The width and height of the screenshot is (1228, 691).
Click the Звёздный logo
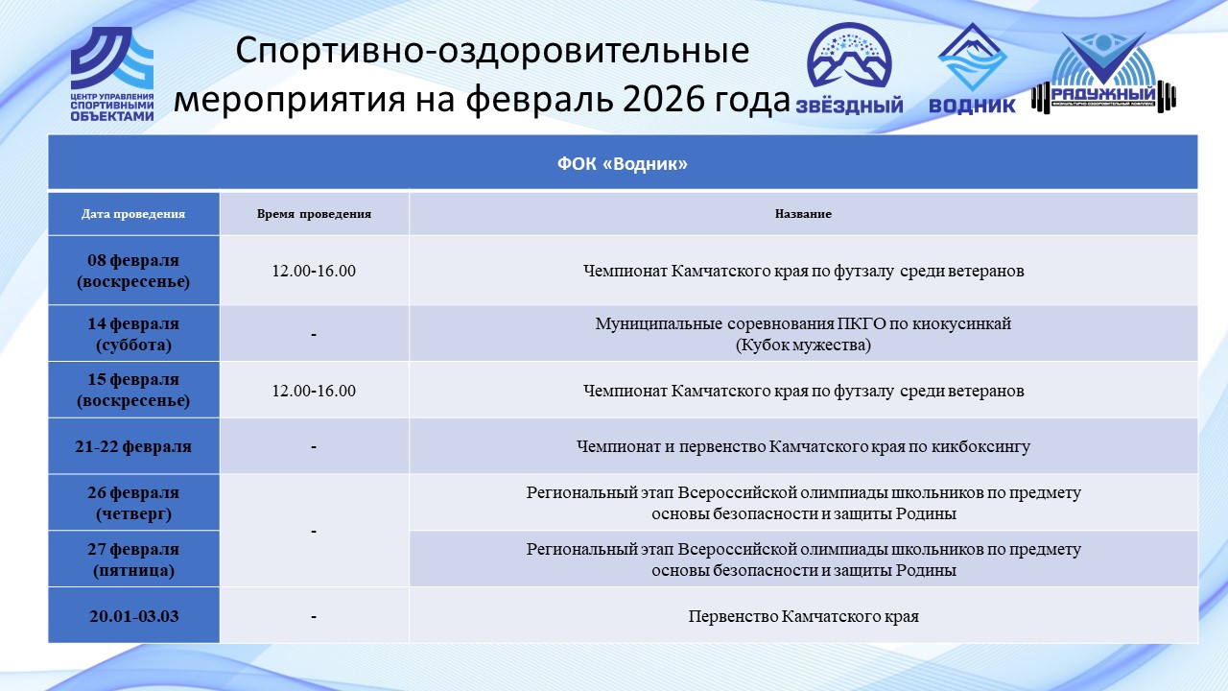[849, 67]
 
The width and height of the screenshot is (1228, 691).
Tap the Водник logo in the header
[972, 67]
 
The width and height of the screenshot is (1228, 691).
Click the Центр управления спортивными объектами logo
[112, 74]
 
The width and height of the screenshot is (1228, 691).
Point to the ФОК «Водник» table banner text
[623, 163]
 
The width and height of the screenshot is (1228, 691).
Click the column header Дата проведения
[133, 214]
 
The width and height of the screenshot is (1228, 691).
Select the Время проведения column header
[314, 214]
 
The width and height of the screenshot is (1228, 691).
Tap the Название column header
[803, 214]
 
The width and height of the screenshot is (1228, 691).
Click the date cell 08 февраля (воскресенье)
[133, 271]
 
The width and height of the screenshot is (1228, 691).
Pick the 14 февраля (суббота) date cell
[133, 333]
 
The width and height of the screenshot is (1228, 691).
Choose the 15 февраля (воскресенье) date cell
[133, 390]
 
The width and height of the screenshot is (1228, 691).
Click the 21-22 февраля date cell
[133, 446]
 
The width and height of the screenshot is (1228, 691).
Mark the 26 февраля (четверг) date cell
[133, 503]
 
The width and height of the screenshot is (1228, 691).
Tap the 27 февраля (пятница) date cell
[133, 560]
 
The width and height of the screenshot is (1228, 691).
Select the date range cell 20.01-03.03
[133, 616]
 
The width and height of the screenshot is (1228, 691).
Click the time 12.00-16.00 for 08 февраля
[314, 271]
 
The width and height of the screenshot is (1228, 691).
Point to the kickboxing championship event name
[803, 446]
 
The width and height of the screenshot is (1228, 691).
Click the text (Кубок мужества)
[803, 345]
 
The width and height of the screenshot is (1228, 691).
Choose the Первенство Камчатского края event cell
[803, 616]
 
